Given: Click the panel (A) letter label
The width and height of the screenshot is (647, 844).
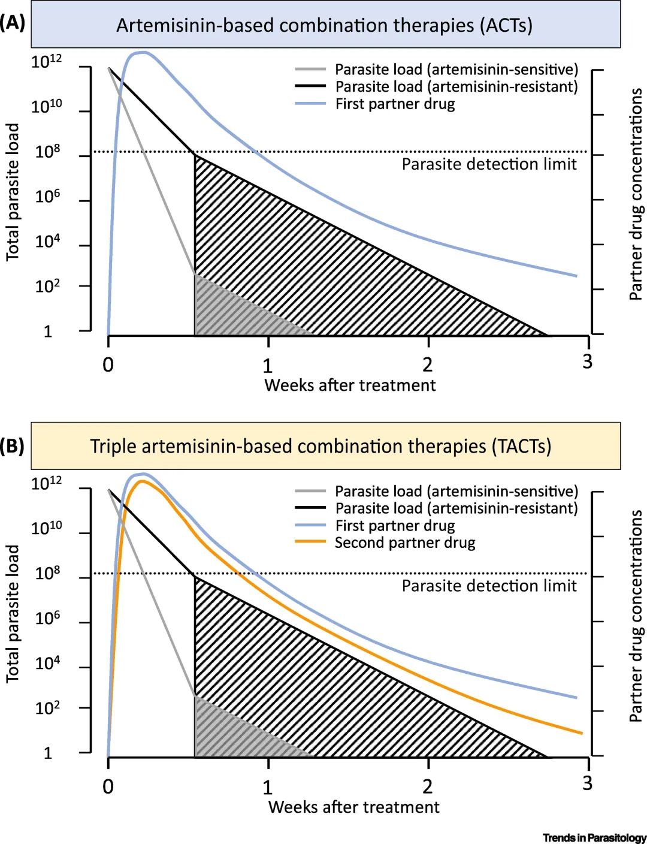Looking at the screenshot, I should point(13,23).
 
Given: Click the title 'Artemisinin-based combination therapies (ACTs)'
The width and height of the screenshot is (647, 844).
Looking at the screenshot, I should point(324,25).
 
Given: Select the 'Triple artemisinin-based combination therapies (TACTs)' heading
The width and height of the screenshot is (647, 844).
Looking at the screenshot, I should point(321,447).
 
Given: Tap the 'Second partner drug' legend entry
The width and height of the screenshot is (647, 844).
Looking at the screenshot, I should point(404,543).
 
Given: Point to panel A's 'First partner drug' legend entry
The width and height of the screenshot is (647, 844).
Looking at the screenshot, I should point(394,104).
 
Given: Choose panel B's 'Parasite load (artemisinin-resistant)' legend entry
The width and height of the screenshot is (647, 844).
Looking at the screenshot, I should point(456,508).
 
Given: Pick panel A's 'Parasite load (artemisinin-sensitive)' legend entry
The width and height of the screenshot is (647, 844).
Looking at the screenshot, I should point(456,70).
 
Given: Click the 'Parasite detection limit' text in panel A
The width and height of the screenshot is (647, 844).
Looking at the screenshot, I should point(489,164).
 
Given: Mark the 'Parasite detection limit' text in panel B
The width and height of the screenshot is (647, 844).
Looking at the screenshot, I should point(489,586).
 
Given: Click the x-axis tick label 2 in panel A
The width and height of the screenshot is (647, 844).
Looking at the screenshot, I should point(427,364).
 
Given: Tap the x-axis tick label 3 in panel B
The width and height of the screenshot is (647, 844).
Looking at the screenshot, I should point(587,783).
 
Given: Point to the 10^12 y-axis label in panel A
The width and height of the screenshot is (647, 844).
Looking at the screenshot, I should point(46,62).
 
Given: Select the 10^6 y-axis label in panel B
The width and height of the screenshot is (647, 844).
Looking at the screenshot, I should point(47,618).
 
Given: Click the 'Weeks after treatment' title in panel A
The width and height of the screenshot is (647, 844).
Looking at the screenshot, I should point(350,385).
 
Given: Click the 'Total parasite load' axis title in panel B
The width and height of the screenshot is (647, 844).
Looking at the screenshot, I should point(13,613).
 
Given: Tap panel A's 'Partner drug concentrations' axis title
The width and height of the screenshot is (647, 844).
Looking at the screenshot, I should point(636,194).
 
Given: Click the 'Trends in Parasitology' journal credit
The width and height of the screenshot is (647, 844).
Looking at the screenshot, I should point(594,837).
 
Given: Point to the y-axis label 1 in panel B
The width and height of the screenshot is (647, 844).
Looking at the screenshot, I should point(48,753).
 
